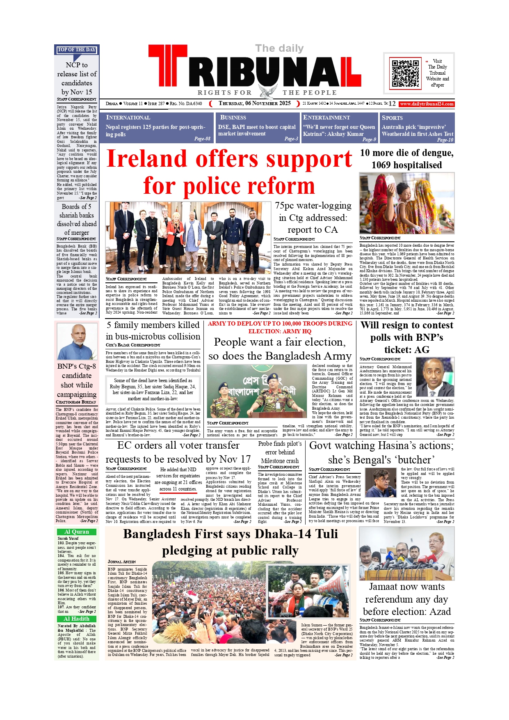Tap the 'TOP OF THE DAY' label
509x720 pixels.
[x=77, y=50]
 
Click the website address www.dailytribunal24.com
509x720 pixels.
[x=427, y=104]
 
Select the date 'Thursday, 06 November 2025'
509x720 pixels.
[x=254, y=103]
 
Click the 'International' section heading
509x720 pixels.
[x=128, y=117]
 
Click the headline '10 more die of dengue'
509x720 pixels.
[x=406, y=153]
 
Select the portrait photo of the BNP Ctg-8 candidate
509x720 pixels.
[x=77, y=341]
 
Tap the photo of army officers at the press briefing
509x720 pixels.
[x=257, y=391]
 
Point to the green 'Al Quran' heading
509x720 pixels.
[x=77, y=532]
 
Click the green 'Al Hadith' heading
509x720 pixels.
[x=77, y=619]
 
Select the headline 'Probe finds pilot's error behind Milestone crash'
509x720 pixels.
[x=280, y=452]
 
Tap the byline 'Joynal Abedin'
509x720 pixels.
[x=121, y=562]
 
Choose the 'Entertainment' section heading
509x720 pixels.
[x=326, y=117]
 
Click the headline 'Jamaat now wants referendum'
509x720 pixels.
[x=406, y=599]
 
